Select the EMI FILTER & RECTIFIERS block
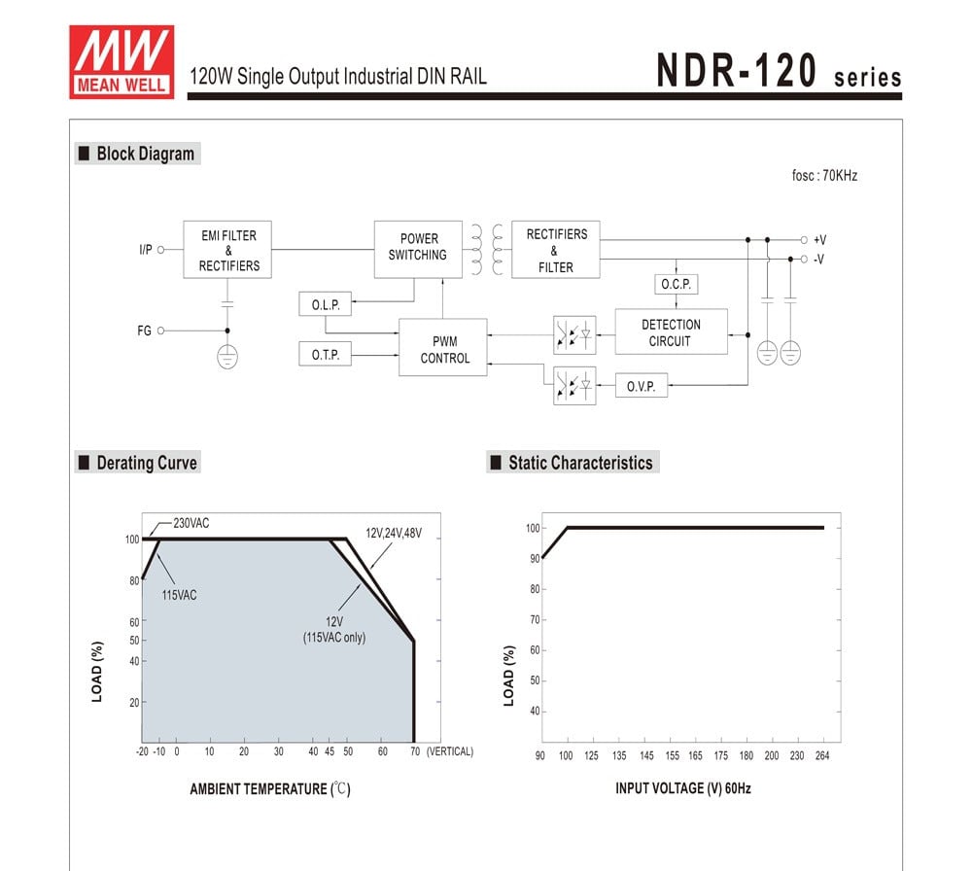pyautogui.click(x=228, y=250)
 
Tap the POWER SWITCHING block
pyautogui.click(x=418, y=247)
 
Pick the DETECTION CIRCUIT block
pyautogui.click(x=670, y=332)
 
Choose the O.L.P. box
pyautogui.click(x=325, y=304)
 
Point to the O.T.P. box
pyautogui.click(x=325, y=355)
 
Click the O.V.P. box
pyautogui.click(x=641, y=386)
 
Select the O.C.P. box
pyautogui.click(x=676, y=285)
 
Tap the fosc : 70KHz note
pyautogui.click(x=824, y=176)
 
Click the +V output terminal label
pyautogui.click(x=819, y=239)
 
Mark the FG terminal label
pyautogui.click(x=145, y=331)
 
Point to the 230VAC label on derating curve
pyautogui.click(x=191, y=523)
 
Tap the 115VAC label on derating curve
pyautogui.click(x=180, y=595)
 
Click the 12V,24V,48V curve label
pyautogui.click(x=394, y=534)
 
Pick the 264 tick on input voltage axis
pyautogui.click(x=821, y=755)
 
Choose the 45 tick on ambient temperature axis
pyautogui.click(x=330, y=751)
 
